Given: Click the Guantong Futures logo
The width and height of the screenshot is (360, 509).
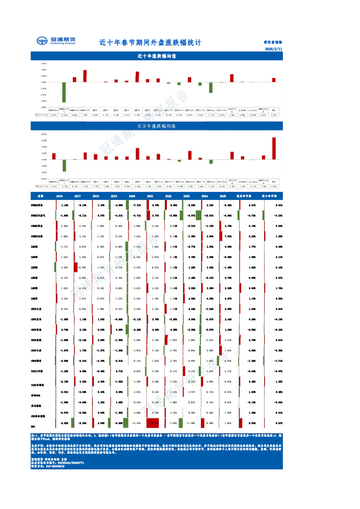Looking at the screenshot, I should click(56, 41).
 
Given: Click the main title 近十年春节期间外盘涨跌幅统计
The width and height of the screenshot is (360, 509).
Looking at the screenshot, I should click(150, 43).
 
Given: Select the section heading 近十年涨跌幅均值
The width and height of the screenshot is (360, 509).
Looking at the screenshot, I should click(156, 56).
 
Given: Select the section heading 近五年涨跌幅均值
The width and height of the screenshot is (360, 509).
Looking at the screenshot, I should click(156, 126).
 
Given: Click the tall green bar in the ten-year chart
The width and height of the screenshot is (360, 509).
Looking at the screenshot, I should click(64, 92).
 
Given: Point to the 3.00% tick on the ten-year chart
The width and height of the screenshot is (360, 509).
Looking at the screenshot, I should click(44, 64).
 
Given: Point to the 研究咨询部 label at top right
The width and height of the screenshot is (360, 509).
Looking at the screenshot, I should click(273, 43).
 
